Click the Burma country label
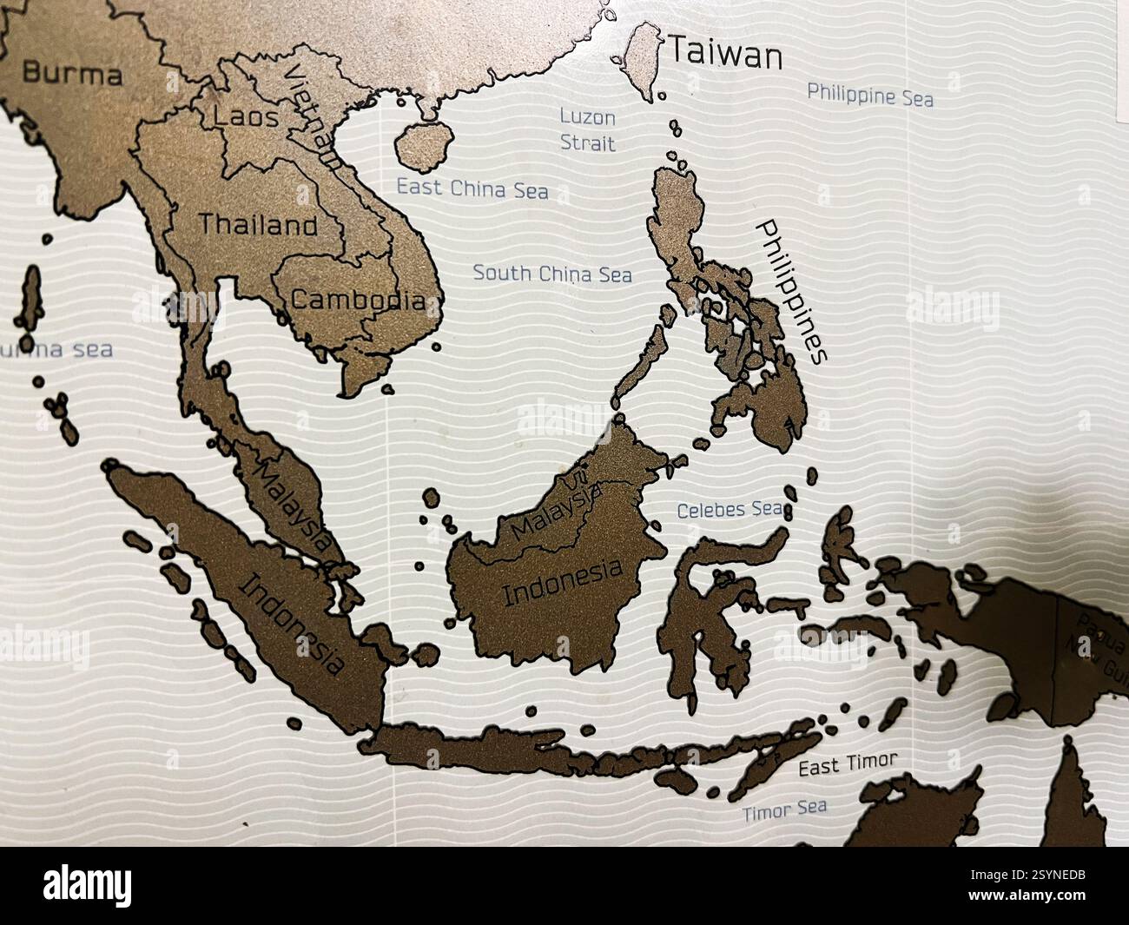tap(72, 73)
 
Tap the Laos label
tap(247, 116)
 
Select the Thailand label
tap(259, 225)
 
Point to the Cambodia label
tap(358, 301)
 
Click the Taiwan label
tap(724, 55)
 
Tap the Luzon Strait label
tap(587, 129)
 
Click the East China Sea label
tap(472, 188)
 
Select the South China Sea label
tap(552, 274)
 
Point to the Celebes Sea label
tap(730, 509)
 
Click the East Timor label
tap(847, 764)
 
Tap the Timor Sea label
tap(784, 810)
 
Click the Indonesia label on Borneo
tap(563, 583)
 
